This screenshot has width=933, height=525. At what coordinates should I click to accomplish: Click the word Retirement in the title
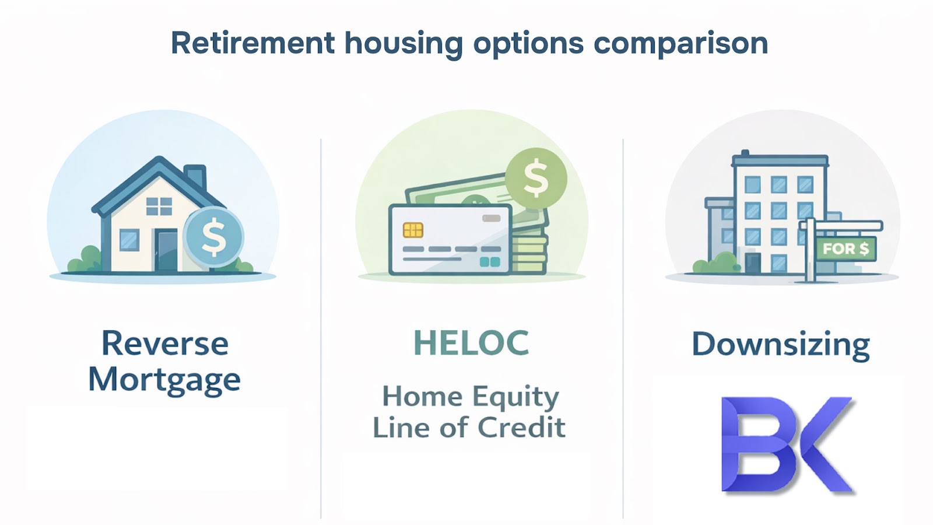coord(253,43)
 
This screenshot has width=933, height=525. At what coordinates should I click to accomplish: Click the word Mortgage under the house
coord(164,380)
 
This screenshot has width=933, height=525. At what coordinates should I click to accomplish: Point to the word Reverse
coord(165,344)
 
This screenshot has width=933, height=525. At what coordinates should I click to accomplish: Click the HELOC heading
coord(471,342)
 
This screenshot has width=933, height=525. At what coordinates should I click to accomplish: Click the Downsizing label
coord(781,345)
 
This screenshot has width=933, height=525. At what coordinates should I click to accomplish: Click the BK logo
coord(787,444)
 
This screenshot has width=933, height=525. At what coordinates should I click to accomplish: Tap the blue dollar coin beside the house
coord(213,237)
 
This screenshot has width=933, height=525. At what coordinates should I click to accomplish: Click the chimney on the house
coord(195,177)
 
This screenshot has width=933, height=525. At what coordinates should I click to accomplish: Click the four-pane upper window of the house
coord(159,206)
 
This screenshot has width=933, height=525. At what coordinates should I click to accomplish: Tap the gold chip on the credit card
coord(413,230)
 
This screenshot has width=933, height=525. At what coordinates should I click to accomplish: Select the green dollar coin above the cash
coord(536,178)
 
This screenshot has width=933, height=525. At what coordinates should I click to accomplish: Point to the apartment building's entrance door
coord(753,263)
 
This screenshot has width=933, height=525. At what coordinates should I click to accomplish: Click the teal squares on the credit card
coord(490,262)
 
